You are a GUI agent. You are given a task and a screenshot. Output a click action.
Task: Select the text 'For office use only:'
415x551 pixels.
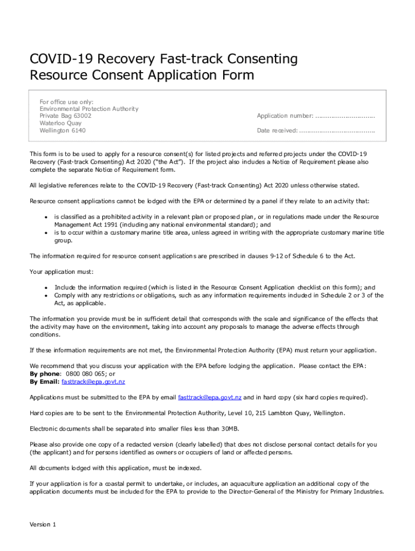pos(66,102)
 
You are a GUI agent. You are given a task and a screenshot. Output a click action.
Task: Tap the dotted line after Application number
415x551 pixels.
pos(345,116)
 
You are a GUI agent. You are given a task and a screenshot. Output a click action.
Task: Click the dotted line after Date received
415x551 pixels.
pos(337,131)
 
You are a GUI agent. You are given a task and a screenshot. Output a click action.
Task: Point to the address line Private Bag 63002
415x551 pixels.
pos(65,116)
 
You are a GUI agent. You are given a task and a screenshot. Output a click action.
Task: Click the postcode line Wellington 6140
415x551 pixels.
pos(63,130)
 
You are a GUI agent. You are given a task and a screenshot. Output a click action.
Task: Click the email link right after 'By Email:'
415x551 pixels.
pos(93,382)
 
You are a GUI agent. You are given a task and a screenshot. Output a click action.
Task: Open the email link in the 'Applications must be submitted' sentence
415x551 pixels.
pos(210,398)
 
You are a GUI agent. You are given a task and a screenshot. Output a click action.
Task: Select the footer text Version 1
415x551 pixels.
pos(43,525)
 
